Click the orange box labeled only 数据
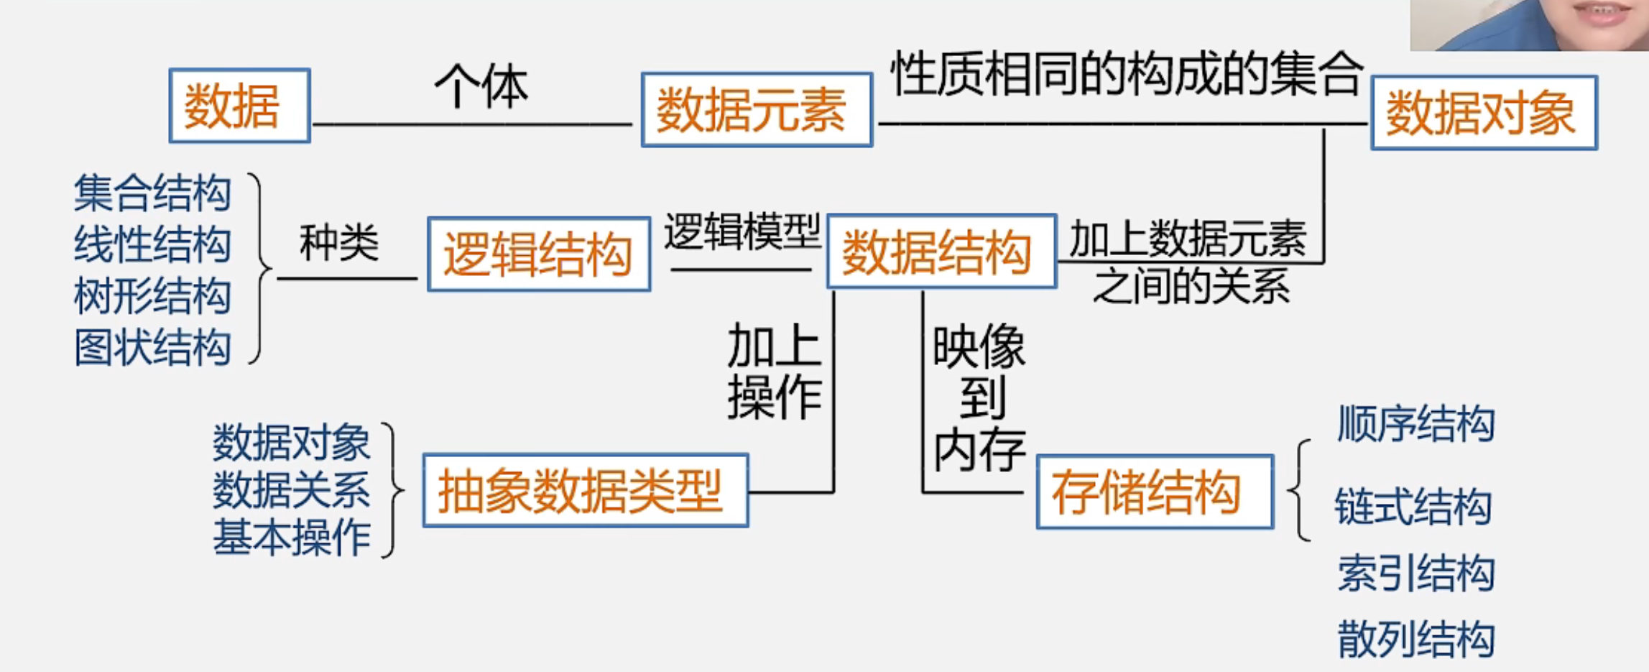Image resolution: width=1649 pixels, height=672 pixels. click(x=239, y=106)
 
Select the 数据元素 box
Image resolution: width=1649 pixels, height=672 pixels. click(x=757, y=110)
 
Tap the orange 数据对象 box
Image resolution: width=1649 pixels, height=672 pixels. click(x=1484, y=113)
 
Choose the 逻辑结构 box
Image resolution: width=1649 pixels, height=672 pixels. click(x=539, y=254)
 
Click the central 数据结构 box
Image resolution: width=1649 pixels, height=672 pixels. click(x=941, y=252)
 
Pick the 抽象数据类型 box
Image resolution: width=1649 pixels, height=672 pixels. click(x=586, y=491)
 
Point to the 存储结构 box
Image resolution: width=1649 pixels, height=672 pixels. click(x=1155, y=492)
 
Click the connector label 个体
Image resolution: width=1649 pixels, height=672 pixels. click(x=481, y=86)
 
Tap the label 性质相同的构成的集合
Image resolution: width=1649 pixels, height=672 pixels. click(x=1126, y=73)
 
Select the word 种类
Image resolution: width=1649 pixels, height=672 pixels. click(x=338, y=242)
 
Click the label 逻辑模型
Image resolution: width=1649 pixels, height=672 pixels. click(x=742, y=231)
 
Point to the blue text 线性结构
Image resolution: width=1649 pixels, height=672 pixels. click(x=152, y=244)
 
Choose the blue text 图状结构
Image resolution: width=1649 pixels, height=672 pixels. click(x=152, y=348)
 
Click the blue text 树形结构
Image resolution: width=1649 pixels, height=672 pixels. click(x=152, y=296)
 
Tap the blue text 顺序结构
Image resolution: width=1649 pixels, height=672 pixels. click(x=1415, y=423)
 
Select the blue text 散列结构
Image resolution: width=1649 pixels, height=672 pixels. click(x=1415, y=639)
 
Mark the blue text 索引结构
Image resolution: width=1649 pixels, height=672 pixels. click(x=1415, y=574)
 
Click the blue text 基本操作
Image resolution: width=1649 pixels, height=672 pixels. click(x=291, y=538)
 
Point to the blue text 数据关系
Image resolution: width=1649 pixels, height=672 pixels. click(x=291, y=490)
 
